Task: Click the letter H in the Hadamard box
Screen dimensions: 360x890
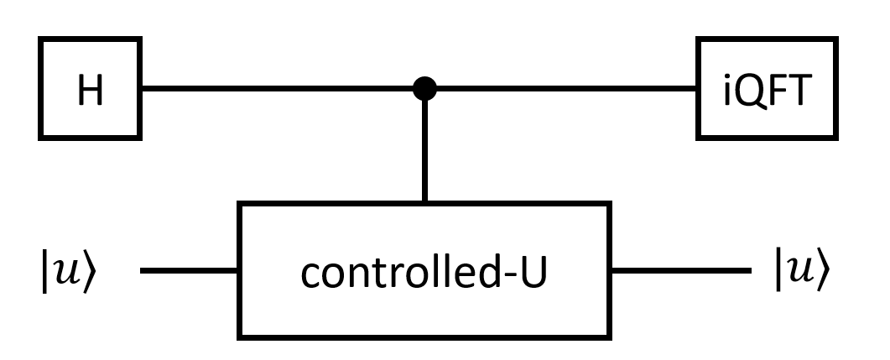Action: [x=91, y=91]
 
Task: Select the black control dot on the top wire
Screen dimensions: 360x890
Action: [x=426, y=88]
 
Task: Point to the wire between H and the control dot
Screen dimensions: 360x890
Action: [x=277, y=88]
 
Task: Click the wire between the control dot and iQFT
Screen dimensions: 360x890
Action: [x=562, y=88]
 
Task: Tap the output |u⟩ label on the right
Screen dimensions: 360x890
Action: [x=804, y=274]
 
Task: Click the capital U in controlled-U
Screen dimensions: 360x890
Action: [x=533, y=273]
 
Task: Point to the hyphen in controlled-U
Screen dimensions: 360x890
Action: [x=512, y=278]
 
